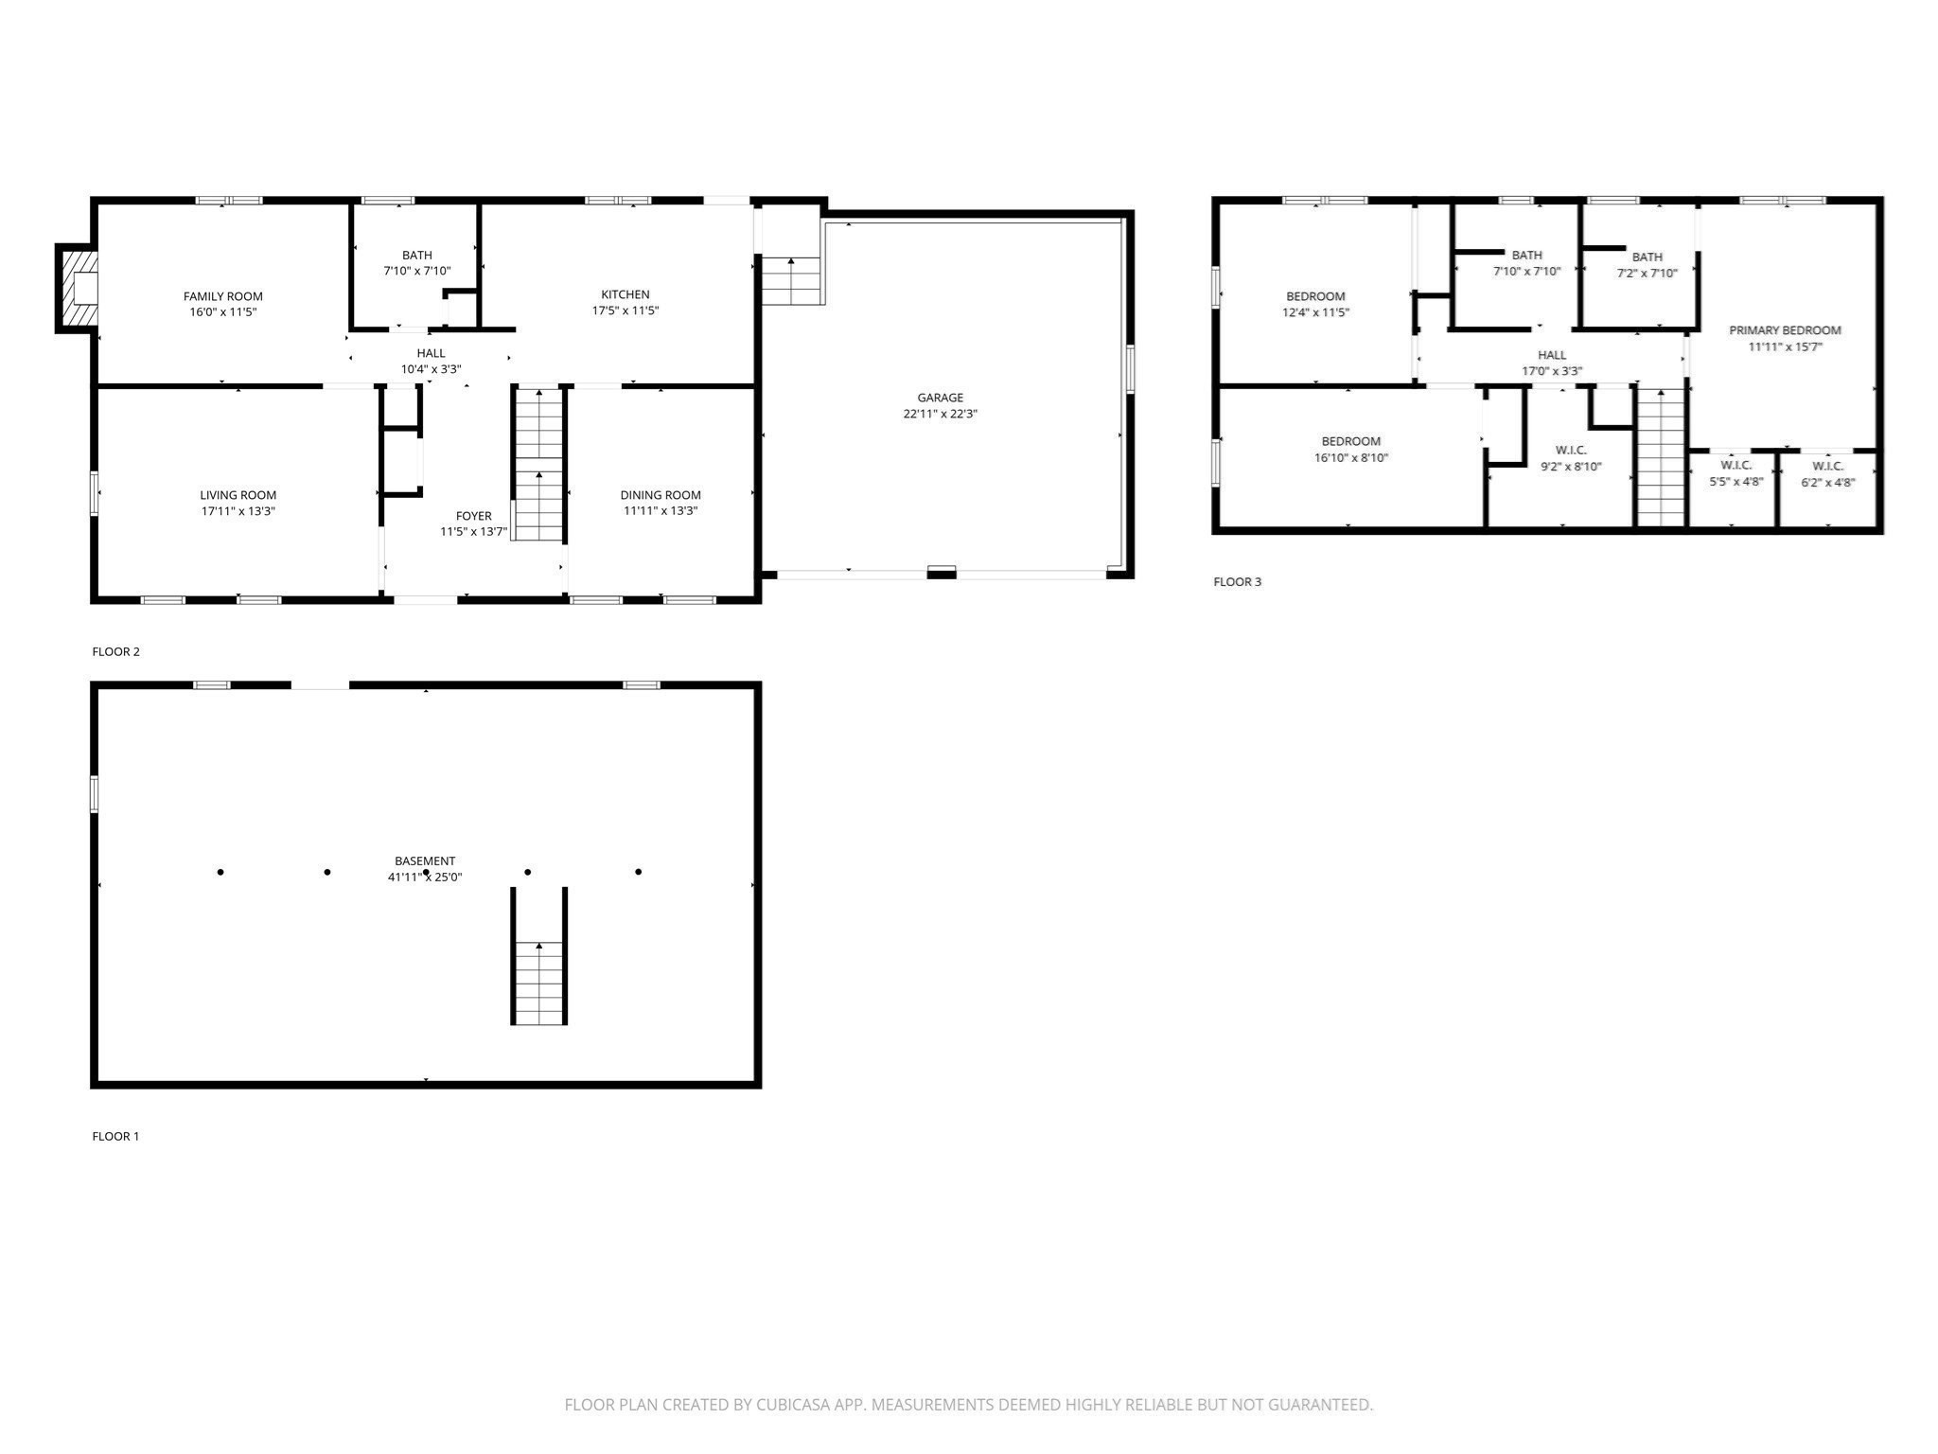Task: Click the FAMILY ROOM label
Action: pyautogui.click(x=223, y=296)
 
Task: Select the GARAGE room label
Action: pyautogui.click(x=940, y=398)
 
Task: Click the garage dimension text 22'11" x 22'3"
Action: pyautogui.click(x=940, y=414)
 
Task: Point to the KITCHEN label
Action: pyautogui.click(x=625, y=294)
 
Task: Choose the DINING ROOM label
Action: pyautogui.click(x=661, y=495)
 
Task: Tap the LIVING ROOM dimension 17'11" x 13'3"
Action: pyautogui.click(x=238, y=511)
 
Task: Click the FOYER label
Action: pyautogui.click(x=474, y=516)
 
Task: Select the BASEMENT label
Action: pyautogui.click(x=425, y=860)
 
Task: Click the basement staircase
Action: pyautogui.click(x=539, y=956)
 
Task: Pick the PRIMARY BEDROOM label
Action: pyautogui.click(x=1785, y=330)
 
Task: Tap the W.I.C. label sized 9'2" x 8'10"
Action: pyautogui.click(x=1571, y=451)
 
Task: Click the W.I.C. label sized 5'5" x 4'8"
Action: pyautogui.click(x=1736, y=466)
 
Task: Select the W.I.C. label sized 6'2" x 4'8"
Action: pyautogui.click(x=1828, y=466)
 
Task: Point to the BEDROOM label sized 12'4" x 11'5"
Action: pyautogui.click(x=1315, y=296)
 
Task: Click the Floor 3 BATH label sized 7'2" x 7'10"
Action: pyautogui.click(x=1647, y=257)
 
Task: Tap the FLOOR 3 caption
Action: pyautogui.click(x=1237, y=581)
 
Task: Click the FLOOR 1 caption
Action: pyautogui.click(x=115, y=1136)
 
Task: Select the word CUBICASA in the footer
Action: pyautogui.click(x=794, y=1405)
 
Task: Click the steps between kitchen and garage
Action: pyautogui.click(x=791, y=280)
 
